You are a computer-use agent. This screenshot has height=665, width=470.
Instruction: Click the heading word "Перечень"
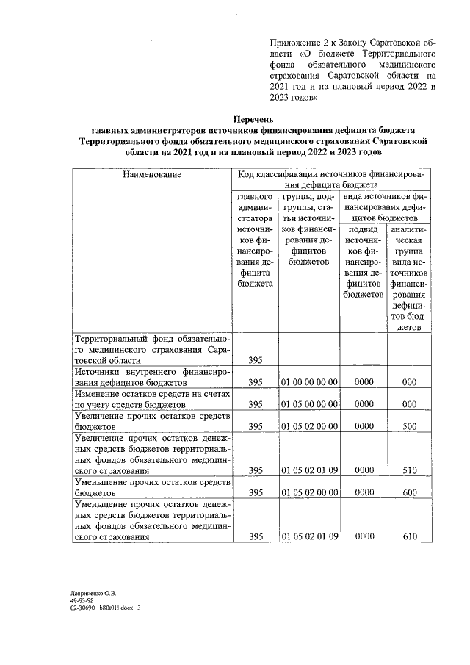253,118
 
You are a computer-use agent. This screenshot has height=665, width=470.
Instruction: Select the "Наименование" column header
151,175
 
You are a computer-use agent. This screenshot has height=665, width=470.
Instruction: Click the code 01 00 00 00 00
309,382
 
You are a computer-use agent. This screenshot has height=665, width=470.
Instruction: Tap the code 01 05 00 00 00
309,404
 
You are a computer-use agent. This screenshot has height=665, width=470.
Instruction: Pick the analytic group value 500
410,426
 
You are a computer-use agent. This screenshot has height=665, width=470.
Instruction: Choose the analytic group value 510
410,470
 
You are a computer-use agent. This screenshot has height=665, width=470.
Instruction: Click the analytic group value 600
410,492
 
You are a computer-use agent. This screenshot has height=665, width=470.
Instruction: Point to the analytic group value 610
410,536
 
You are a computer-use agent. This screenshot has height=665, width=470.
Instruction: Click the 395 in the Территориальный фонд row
256,360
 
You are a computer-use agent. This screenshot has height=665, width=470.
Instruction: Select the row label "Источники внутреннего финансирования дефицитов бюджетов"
151,377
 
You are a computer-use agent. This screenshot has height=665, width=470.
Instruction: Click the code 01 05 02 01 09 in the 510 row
309,470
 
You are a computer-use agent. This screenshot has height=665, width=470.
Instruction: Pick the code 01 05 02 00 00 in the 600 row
309,492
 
